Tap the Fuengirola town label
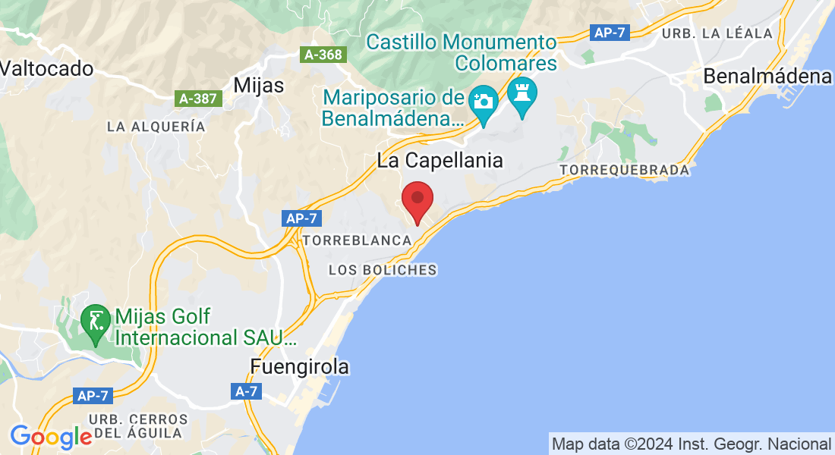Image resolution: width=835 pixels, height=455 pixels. tap(300, 367)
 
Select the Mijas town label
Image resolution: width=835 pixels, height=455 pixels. tap(259, 85)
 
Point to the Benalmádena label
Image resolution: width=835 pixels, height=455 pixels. tap(767, 77)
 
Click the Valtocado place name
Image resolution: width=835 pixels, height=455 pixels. tap(47, 68)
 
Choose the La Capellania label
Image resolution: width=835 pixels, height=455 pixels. tap(440, 160)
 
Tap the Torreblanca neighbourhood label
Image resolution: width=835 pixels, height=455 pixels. tap(357, 240)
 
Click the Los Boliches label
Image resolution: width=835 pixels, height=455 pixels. tap(383, 270)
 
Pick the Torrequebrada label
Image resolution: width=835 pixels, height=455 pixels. tap(625, 171)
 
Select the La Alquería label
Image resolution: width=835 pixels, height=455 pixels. tap(156, 127)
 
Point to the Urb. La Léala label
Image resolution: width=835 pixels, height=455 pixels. tap(717, 33)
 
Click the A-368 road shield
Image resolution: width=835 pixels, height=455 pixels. tap(323, 55)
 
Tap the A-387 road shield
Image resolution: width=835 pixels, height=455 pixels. tap(197, 99)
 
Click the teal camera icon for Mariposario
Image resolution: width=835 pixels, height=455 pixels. tap(482, 100)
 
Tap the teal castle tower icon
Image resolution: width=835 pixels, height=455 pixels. tap(522, 93)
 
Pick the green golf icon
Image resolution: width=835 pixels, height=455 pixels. tap(95, 320)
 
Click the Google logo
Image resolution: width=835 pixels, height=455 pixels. tap(51, 437)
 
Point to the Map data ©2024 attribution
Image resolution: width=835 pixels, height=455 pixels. tap(691, 444)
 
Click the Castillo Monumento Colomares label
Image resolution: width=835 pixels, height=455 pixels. tap(462, 52)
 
